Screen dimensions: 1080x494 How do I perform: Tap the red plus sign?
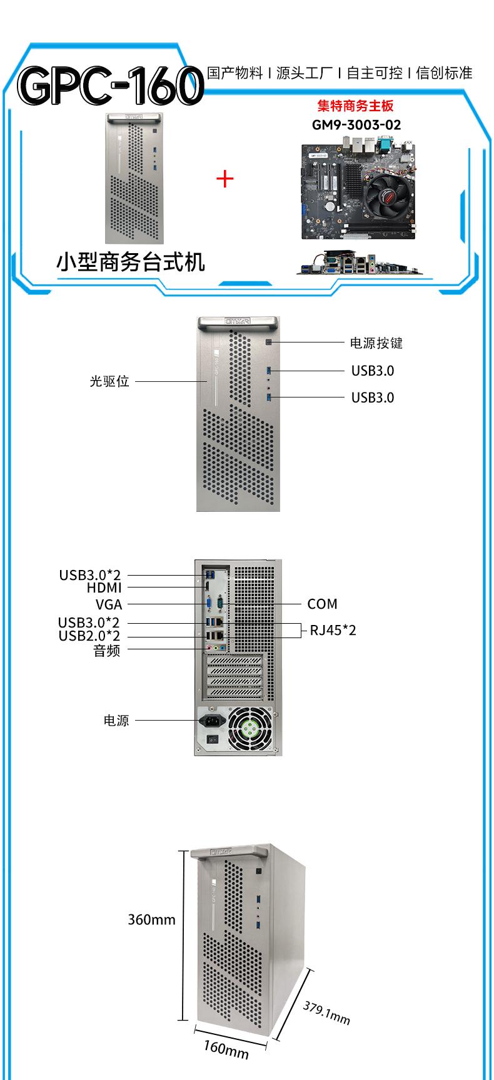point(224,179)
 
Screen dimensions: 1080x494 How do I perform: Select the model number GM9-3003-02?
point(356,124)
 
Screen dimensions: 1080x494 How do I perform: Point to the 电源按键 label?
point(376,342)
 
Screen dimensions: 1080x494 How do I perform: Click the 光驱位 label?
point(109,381)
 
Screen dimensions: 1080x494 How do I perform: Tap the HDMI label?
point(104,587)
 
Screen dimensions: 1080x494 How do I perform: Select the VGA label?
point(109,604)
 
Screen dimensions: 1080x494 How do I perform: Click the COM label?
point(322,604)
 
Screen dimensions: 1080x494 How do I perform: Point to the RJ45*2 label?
point(333,630)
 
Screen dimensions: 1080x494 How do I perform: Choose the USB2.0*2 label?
point(89,636)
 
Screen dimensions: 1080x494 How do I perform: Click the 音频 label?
point(106,651)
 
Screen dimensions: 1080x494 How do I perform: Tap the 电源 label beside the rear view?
point(116,720)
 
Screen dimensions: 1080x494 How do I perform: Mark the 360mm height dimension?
point(151,919)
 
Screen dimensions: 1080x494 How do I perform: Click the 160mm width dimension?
point(226,1049)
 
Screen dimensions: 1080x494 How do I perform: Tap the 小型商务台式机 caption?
point(131,262)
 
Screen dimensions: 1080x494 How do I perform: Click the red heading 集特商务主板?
point(355,106)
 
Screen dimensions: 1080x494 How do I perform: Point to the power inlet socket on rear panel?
point(211,721)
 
